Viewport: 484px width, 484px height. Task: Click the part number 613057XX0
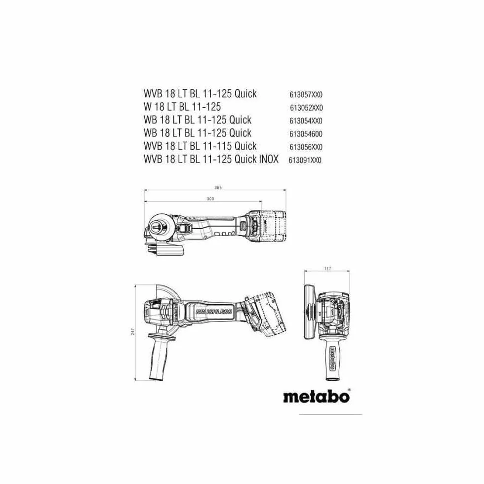click(x=306, y=94)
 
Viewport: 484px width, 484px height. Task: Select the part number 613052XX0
click(x=306, y=108)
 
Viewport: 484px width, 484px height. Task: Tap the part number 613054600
click(x=306, y=134)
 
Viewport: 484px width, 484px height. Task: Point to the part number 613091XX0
click(x=305, y=160)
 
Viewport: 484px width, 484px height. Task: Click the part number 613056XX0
click(x=306, y=147)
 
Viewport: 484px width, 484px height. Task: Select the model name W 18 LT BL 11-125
click(x=182, y=107)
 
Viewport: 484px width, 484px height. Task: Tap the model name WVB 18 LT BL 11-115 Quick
click(x=200, y=146)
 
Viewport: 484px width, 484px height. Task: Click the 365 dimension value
click(x=218, y=187)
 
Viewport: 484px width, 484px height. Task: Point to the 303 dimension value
click(x=210, y=199)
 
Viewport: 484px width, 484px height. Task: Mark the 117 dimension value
click(x=327, y=269)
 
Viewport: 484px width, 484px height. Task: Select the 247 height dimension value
click(x=133, y=331)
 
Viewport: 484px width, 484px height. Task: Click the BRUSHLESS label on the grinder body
click(x=213, y=312)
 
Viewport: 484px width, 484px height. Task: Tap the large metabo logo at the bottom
click(x=317, y=396)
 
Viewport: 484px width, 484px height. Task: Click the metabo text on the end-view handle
click(x=332, y=359)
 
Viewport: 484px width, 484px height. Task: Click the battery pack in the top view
click(x=267, y=226)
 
